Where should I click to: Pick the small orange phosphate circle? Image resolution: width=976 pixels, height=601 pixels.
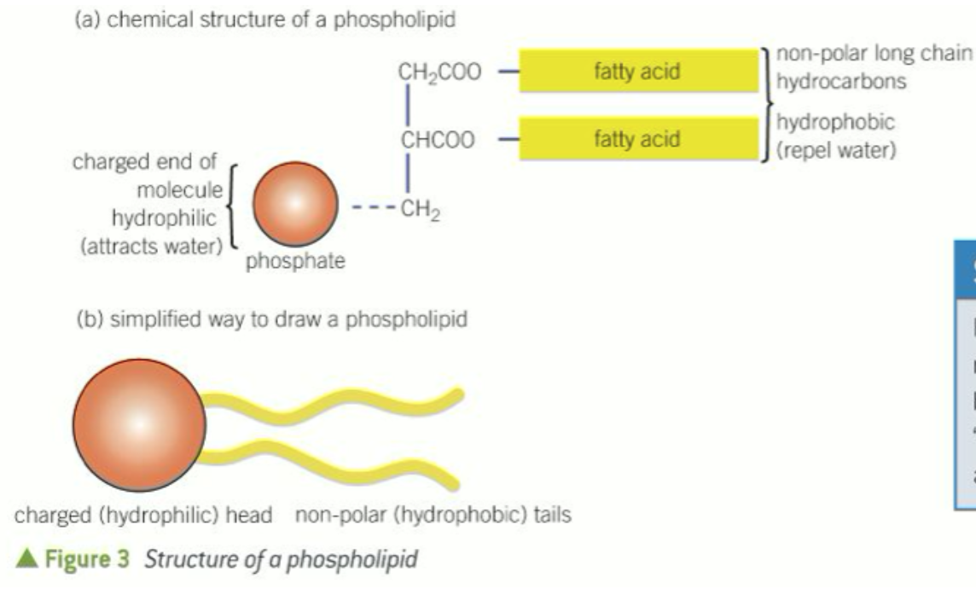click(x=292, y=206)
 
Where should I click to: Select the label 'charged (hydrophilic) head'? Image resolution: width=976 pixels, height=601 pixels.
click(x=142, y=516)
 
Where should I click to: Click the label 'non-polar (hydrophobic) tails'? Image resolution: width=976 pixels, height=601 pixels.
click(x=433, y=516)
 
